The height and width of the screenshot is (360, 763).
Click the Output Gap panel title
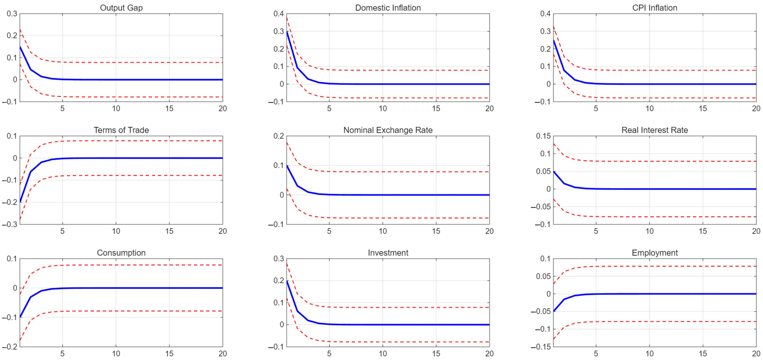[121, 8]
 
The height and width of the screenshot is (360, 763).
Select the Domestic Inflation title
[388, 8]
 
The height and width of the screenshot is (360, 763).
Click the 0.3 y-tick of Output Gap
[12, 14]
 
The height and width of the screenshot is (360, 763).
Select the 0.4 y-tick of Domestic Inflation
[278, 14]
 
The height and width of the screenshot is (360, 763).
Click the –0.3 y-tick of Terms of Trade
[9, 224]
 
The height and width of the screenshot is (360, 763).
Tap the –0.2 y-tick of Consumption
[9, 347]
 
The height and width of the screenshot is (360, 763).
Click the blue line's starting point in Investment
[287, 281]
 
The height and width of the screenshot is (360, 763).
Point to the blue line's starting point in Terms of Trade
[20, 202]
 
